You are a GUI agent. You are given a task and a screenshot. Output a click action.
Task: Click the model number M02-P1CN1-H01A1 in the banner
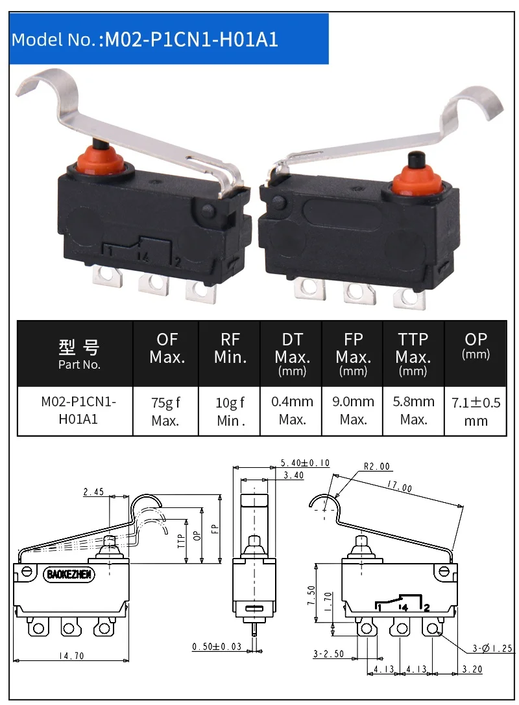point(191,40)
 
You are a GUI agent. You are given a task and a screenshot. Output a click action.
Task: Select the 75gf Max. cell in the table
point(165,411)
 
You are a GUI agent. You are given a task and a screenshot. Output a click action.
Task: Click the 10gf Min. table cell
point(230,411)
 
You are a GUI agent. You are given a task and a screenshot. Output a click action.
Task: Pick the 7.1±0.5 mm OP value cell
point(476,411)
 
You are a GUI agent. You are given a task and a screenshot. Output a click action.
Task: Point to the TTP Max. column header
point(413,354)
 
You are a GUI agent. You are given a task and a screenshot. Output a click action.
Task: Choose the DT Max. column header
point(292,354)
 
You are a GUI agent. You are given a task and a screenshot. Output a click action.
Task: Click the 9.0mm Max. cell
point(353,411)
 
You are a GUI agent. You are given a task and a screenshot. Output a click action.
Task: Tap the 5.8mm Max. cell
point(413,411)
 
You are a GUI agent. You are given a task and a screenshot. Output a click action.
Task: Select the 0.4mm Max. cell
point(292,411)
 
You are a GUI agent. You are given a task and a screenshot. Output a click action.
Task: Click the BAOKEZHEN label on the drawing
point(70,574)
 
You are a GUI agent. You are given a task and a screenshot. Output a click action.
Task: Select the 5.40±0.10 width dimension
point(305,463)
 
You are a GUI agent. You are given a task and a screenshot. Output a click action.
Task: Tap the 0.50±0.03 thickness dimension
point(217,647)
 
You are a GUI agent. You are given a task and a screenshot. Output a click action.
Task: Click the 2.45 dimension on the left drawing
point(93,492)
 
